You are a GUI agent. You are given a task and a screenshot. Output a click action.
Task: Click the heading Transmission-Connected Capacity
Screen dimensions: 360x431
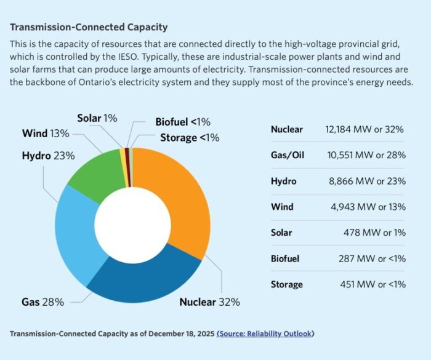click(89, 28)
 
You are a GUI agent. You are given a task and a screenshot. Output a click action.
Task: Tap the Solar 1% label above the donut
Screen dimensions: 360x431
click(97, 118)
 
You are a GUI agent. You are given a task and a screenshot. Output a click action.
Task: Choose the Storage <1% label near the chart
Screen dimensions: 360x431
click(190, 137)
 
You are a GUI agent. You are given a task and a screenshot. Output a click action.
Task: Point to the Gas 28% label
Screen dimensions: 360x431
click(42, 302)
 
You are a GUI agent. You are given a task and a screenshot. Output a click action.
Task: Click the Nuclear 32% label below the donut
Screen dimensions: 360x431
click(209, 302)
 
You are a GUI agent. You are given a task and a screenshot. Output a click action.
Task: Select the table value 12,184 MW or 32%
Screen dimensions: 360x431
click(365, 129)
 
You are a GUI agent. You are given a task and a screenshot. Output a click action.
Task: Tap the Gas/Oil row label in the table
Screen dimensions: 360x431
click(288, 155)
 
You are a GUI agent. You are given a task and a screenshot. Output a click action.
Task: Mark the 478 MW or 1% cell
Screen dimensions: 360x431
click(374, 233)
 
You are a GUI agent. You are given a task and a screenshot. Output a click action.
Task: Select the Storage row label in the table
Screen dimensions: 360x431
click(287, 284)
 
